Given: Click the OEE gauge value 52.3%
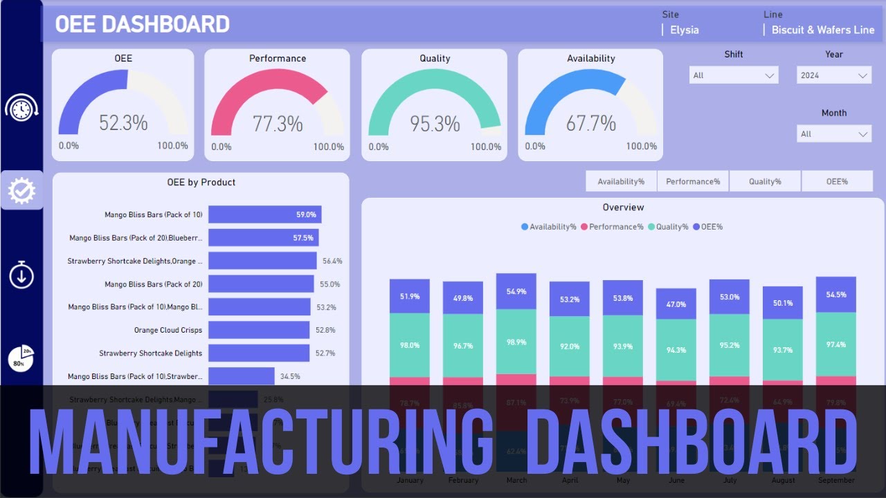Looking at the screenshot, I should tap(123, 123).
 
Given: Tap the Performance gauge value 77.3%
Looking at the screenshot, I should tap(278, 124).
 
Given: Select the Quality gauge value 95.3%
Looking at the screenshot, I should tap(435, 124).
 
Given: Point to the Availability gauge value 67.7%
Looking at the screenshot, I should tap(590, 123).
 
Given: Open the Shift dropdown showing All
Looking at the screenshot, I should tap(734, 75).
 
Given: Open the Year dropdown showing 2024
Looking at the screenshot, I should tap(834, 75).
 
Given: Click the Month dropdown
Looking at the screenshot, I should tap(834, 134).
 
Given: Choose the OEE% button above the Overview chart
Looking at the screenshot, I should tap(837, 181).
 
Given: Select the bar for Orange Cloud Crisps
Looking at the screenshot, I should tap(259, 330).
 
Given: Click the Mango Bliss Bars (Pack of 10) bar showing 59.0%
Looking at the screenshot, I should tap(264, 214).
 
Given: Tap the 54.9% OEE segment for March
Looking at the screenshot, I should tap(516, 291).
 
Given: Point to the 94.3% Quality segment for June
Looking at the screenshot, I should tap(676, 350).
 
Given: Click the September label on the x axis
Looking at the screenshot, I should tap(836, 480).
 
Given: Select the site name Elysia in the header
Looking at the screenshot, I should tap(684, 30).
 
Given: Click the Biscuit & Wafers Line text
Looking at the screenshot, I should tap(823, 30).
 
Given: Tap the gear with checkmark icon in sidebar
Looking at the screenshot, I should tap(21, 190).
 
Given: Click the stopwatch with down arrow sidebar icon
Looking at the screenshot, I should tap(21, 275).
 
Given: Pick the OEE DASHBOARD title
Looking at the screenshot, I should tap(142, 24).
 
